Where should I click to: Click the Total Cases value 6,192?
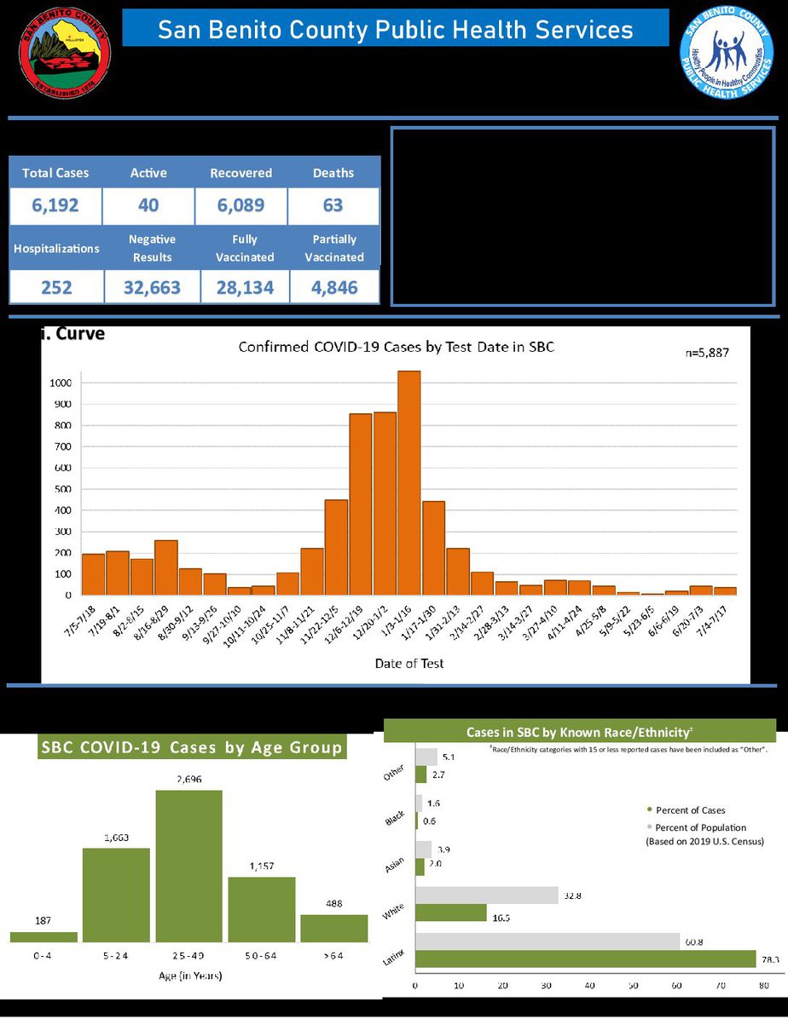coord(55,205)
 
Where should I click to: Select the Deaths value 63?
coord(333,205)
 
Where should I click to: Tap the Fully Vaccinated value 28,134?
coord(245,288)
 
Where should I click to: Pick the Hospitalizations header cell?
coord(56,249)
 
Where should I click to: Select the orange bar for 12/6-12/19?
coord(361,504)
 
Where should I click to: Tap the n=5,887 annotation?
coord(707,352)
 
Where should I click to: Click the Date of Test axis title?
coord(409,663)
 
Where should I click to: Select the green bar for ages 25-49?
coord(188,866)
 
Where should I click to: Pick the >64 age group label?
coord(333,956)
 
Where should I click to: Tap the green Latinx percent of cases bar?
coord(585,959)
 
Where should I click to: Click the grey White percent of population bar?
coord(486,895)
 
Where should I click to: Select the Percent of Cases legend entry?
coord(689,809)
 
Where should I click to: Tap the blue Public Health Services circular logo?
coord(726,55)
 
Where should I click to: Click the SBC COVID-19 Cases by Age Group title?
coord(192,748)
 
